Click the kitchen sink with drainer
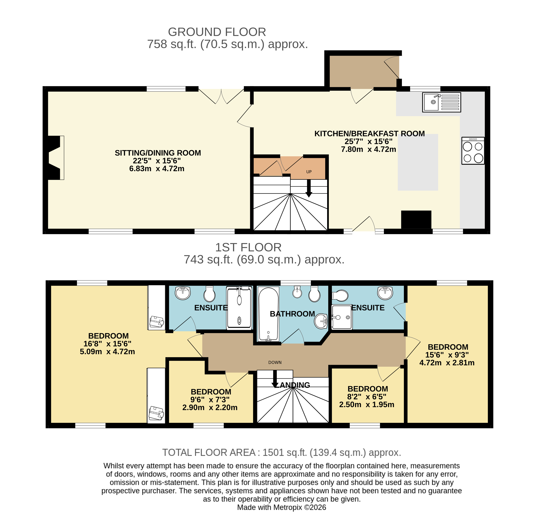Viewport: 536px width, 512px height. (x=441, y=102)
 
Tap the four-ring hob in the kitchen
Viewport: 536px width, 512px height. (x=473, y=151)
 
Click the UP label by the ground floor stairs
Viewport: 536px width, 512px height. (x=309, y=172)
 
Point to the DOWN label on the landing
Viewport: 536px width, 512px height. (x=275, y=362)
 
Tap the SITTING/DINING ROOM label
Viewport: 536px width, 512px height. (x=158, y=153)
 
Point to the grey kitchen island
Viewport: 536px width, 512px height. (x=418, y=162)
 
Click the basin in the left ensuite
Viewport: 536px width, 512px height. (x=183, y=293)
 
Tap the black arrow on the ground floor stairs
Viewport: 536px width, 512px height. (x=309, y=188)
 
